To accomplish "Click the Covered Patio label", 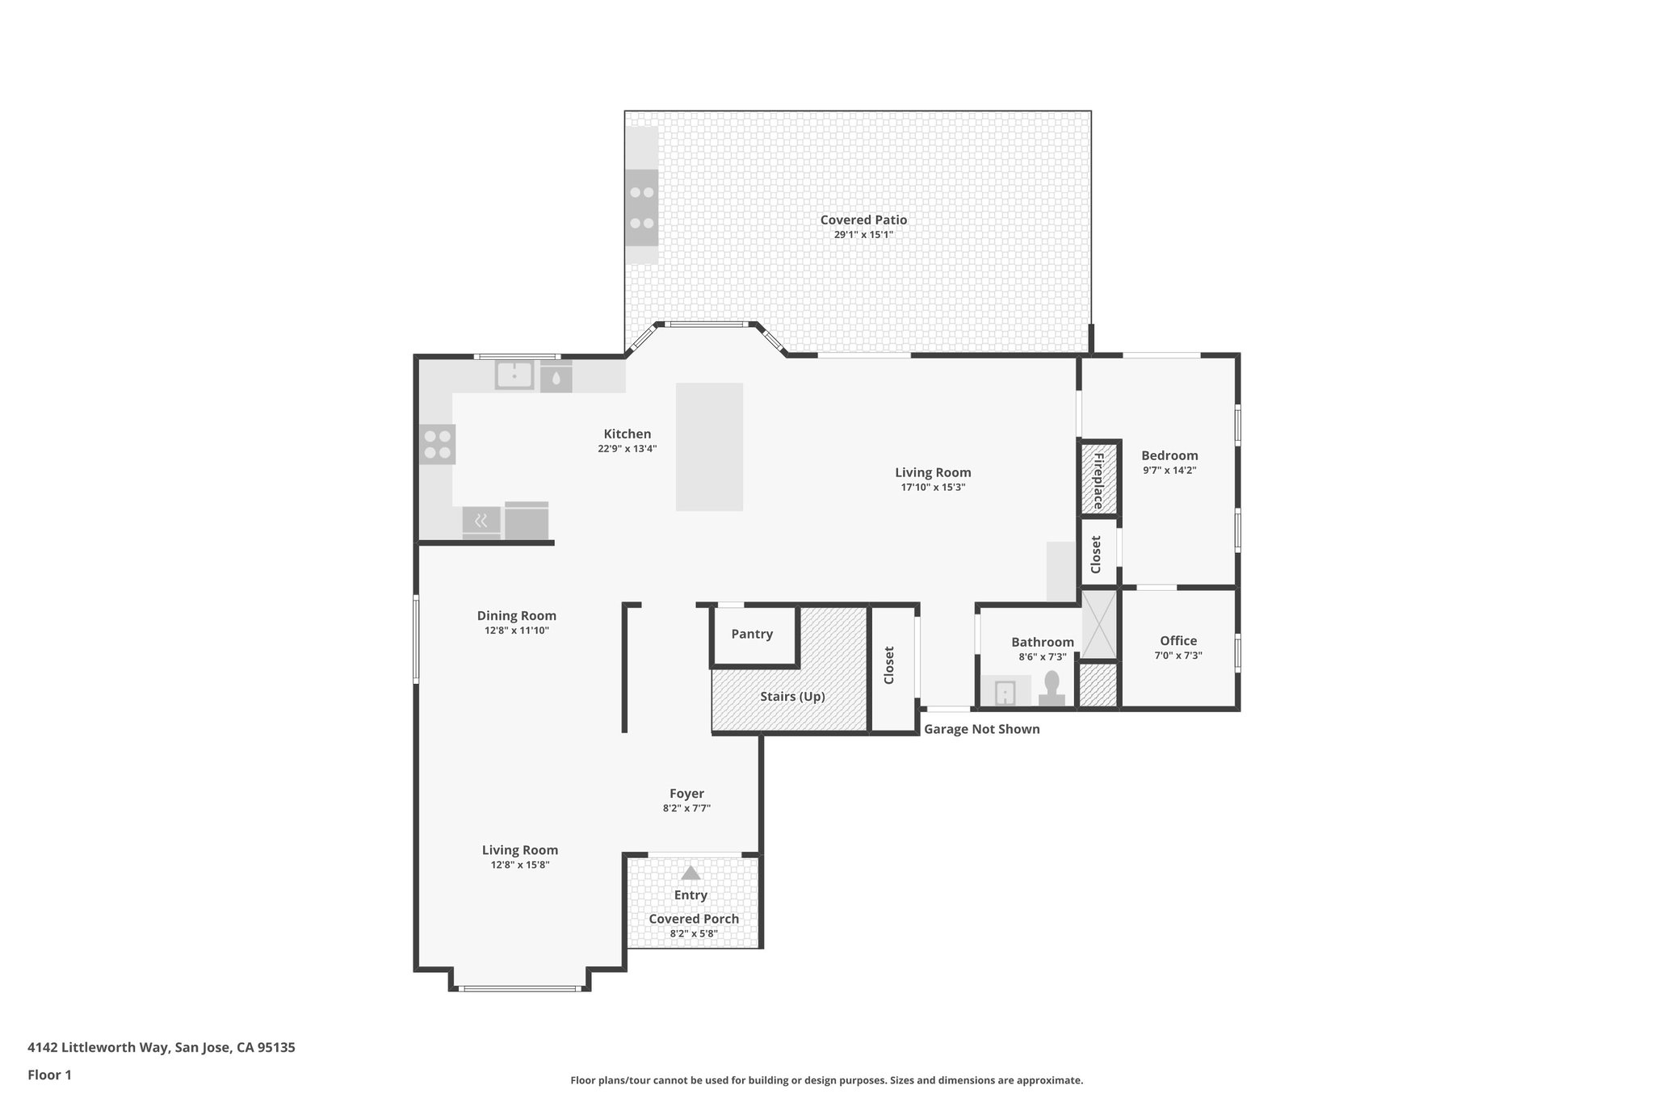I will (x=863, y=220).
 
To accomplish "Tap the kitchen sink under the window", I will (x=514, y=375).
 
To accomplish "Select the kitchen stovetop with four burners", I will (x=437, y=445).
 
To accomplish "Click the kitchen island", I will (x=709, y=446).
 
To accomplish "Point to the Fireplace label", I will (x=1098, y=480).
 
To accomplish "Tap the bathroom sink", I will (x=1005, y=693).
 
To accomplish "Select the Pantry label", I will (x=752, y=634).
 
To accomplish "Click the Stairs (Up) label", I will (x=792, y=696).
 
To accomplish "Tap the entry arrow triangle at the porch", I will (x=690, y=873).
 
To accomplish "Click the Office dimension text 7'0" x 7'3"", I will (x=1178, y=656).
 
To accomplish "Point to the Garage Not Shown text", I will (x=981, y=729).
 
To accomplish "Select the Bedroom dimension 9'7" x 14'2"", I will (x=1169, y=470).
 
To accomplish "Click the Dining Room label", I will (x=516, y=616).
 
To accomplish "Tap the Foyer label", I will (x=686, y=794).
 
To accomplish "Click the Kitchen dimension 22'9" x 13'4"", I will (x=627, y=449).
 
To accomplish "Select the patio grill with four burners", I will (x=641, y=207).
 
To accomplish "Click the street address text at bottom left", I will (x=162, y=1048).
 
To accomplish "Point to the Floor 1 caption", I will (x=49, y=1075).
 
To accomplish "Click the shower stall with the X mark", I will (x=1098, y=625).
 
